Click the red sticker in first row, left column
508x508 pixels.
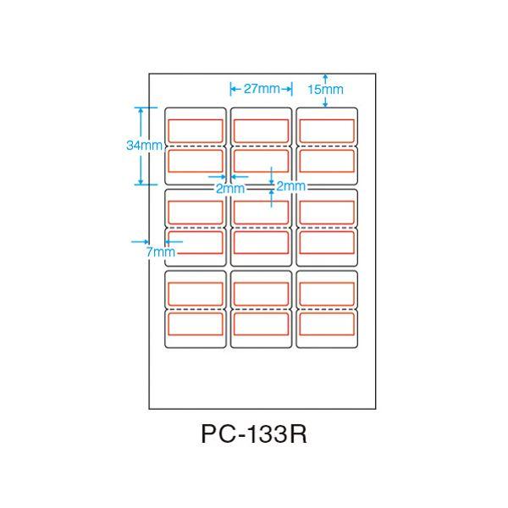[196, 130]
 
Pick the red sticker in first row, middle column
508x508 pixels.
[262, 130]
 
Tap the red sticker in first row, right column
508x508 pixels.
[327, 130]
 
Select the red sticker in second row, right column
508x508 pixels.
[327, 161]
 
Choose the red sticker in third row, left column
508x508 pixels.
[196, 211]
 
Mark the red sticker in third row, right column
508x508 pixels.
[327, 211]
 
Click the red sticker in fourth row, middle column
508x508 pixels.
[262, 242]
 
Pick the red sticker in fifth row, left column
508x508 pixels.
[196, 292]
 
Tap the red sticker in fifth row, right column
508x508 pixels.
[327, 292]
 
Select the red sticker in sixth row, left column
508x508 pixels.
[196, 324]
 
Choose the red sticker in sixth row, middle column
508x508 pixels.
[262, 324]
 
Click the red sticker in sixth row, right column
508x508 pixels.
[327, 324]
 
